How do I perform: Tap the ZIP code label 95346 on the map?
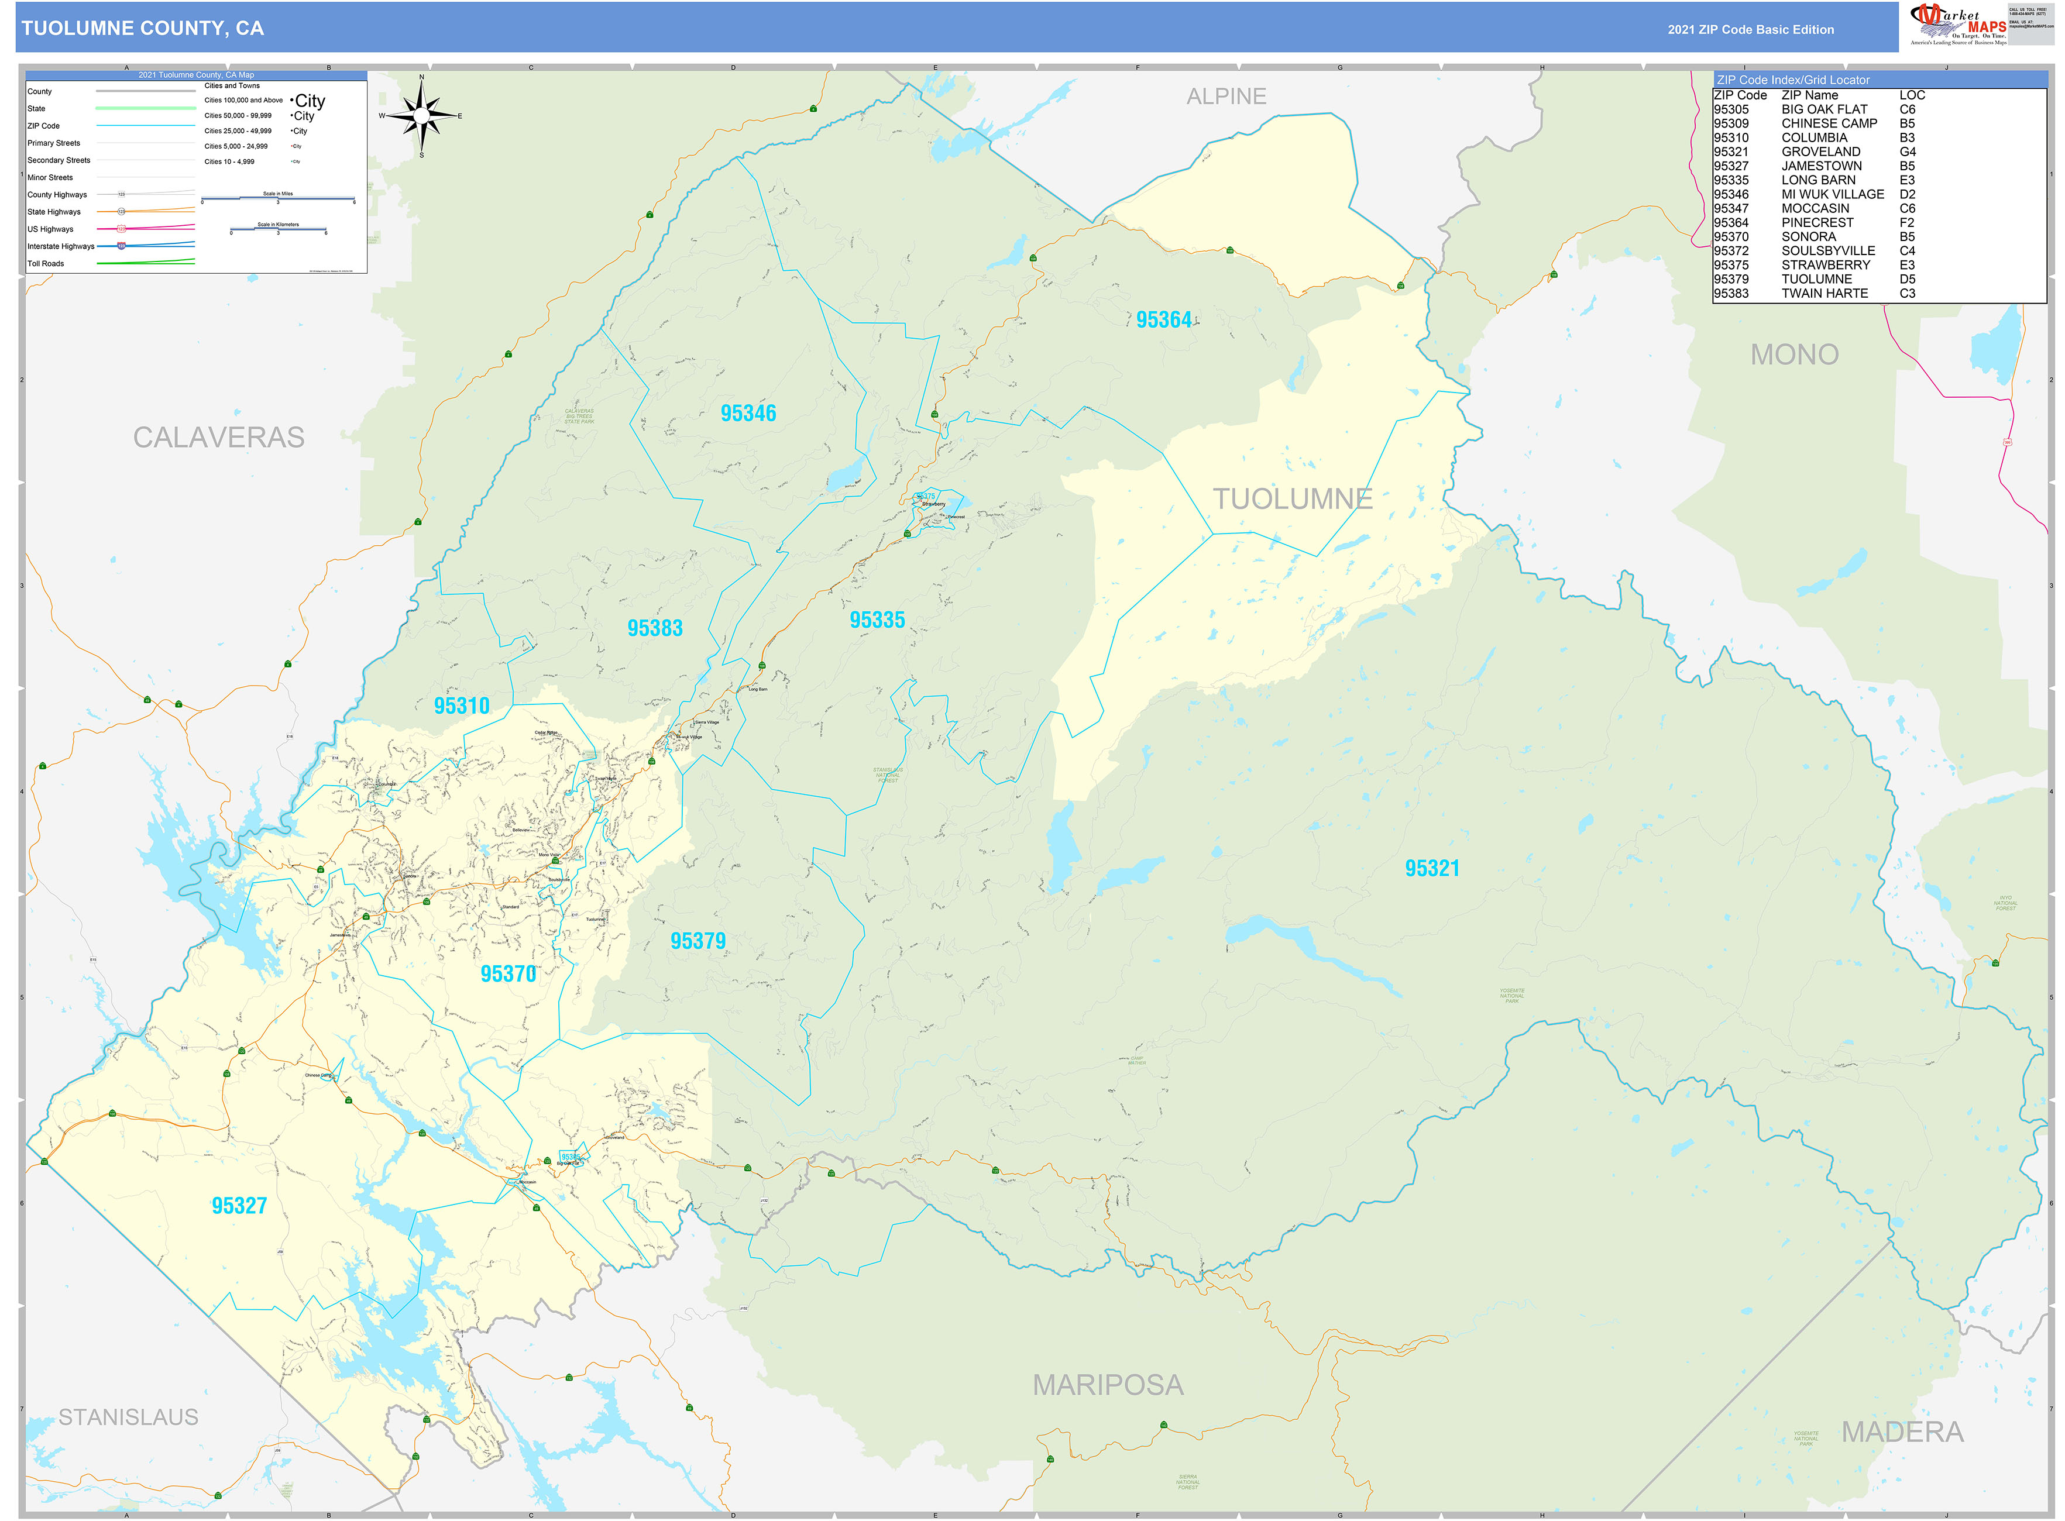748,414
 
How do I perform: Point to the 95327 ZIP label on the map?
239,1206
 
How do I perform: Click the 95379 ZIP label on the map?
698,941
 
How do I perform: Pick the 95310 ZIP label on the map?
462,706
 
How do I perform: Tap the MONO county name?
1793,355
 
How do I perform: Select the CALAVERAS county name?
218,438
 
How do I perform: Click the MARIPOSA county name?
1107,1385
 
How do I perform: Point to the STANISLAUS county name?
128,1417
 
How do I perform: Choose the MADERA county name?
1902,1431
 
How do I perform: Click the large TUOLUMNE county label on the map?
1291,499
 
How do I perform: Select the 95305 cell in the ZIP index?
1731,109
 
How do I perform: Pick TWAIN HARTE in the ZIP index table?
1824,294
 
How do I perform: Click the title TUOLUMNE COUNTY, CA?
143,29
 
